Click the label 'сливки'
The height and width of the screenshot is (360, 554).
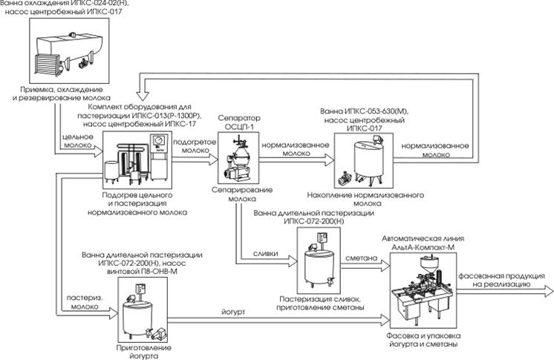click(x=265, y=253)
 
